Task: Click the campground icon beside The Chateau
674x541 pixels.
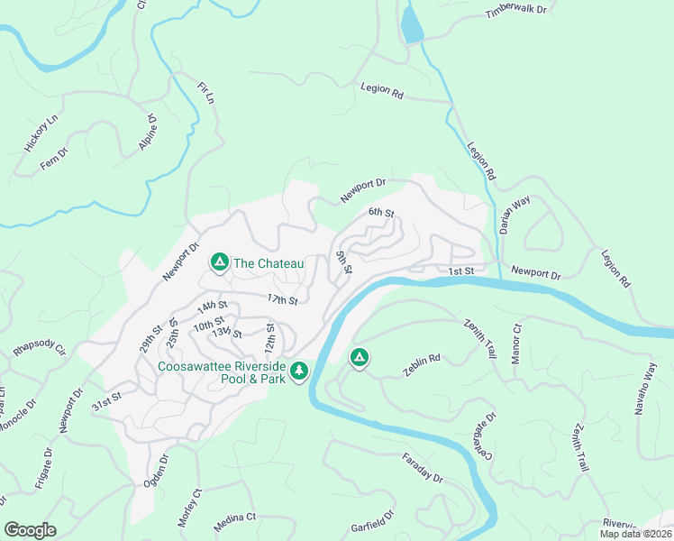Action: point(219,262)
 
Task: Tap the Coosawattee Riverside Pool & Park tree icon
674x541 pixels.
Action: point(298,371)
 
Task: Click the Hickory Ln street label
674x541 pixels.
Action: point(41,133)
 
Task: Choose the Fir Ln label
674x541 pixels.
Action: point(206,94)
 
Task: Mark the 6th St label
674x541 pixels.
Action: point(381,213)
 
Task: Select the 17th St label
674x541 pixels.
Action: point(282,298)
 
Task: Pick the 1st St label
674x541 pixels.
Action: point(460,271)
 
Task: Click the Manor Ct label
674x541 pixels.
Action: point(516,341)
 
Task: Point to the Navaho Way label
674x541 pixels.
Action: point(650,386)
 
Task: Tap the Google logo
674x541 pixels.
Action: point(30,529)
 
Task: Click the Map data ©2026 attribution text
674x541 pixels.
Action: point(635,534)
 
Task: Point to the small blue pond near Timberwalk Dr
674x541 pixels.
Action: point(412,24)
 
